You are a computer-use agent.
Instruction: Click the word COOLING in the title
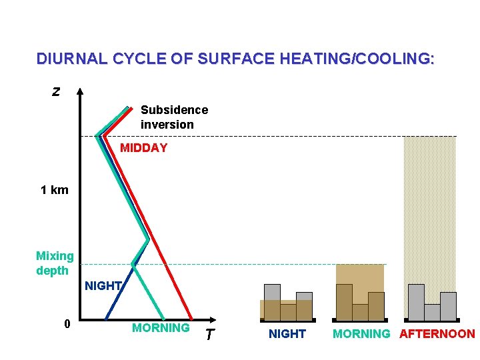pos(395,59)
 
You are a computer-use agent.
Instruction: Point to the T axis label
pos(209,335)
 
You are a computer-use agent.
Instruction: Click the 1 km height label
pos(54,190)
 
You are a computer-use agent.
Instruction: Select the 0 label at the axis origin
pos(67,325)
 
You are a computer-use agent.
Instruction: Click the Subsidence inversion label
pos(174,117)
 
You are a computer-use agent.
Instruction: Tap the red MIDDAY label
pos(143,148)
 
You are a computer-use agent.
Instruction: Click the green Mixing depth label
pos(55,263)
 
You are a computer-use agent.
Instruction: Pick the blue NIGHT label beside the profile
pos(103,286)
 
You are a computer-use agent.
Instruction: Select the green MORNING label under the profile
pos(161,328)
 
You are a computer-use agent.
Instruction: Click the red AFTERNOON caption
pos(437,334)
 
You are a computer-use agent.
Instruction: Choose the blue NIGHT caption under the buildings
pos(287,334)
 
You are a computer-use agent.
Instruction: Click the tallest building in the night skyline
pos(272,302)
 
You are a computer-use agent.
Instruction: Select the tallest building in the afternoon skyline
pos(416,302)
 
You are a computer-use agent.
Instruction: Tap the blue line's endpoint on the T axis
pos(106,318)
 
